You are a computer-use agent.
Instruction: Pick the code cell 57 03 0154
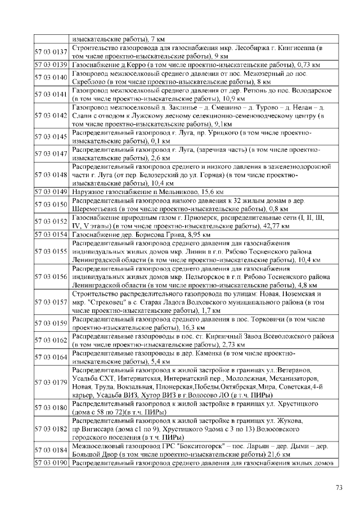[51, 234]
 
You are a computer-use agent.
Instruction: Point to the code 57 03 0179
[51, 382]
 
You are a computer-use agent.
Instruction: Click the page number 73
[339, 487]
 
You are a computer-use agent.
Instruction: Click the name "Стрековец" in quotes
[110, 302]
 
